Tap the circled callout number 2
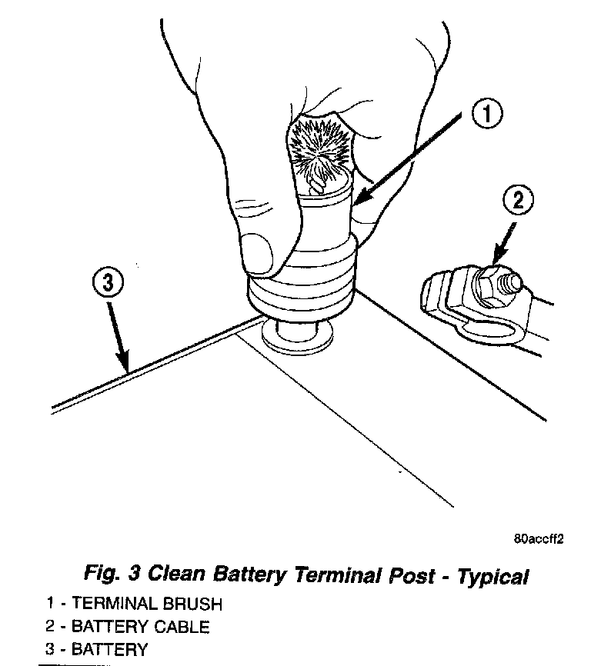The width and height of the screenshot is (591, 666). (x=517, y=201)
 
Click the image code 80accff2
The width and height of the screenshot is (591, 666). (x=539, y=539)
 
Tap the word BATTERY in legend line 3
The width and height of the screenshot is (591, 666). (x=109, y=650)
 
